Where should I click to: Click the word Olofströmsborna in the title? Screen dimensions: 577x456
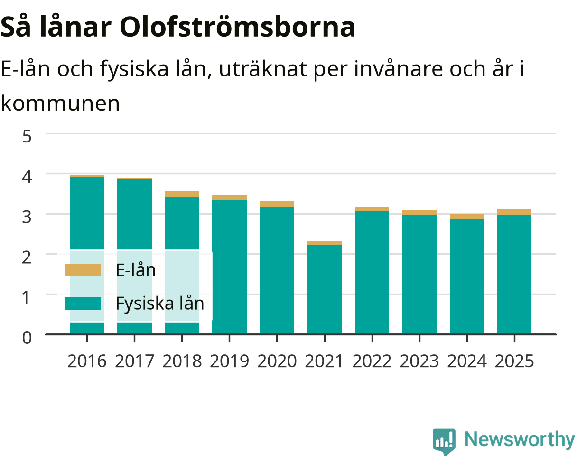point(237,27)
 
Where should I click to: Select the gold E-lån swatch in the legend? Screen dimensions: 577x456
point(83,270)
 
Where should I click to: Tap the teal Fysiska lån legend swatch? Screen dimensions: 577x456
point(83,303)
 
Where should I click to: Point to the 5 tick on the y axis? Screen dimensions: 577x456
point(27,136)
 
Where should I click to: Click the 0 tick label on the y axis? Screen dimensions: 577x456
point(27,338)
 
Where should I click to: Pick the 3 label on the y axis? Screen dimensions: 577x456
point(27,217)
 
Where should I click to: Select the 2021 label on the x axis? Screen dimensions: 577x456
point(324,361)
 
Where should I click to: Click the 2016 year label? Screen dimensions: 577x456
point(87,361)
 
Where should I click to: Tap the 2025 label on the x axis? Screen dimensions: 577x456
point(514,361)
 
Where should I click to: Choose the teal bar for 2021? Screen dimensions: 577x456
point(325,289)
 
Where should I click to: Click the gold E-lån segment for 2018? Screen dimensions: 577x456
point(182,194)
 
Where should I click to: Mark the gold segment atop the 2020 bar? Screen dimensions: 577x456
point(277,204)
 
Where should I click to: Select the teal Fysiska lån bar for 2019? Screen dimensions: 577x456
point(229,267)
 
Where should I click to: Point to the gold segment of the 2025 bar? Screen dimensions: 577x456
point(514,212)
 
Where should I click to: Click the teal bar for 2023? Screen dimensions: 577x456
point(419,274)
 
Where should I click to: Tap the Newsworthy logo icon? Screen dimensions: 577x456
point(444,440)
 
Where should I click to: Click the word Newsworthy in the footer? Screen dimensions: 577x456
point(520,439)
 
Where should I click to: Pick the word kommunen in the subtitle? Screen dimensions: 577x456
point(60,104)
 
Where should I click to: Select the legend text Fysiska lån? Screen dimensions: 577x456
point(160,303)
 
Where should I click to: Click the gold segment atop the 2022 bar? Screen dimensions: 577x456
point(372,209)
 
